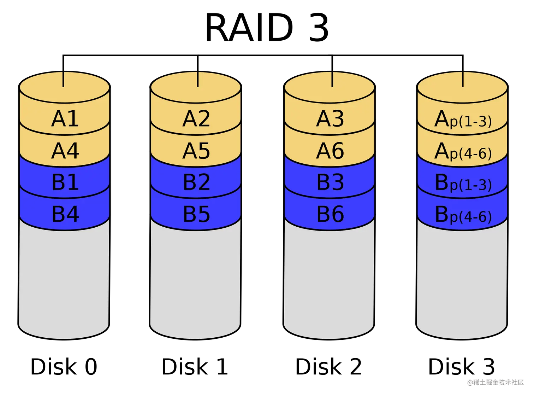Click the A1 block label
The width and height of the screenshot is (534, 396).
click(65, 119)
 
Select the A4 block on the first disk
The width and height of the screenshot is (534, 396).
click(65, 151)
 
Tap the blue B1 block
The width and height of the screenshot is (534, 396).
click(65, 182)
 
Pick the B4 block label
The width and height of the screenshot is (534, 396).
click(65, 214)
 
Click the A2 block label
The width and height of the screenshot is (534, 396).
click(196, 119)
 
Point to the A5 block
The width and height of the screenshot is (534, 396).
click(196, 151)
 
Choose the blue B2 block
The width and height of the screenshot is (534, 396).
click(196, 182)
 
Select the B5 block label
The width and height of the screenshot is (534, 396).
click(196, 214)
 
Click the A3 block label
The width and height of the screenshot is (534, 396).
click(330, 119)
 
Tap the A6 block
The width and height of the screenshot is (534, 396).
click(330, 151)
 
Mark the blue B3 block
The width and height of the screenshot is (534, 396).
click(330, 182)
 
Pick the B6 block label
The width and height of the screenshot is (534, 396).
click(330, 214)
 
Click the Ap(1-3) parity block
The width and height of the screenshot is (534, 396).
click(463, 120)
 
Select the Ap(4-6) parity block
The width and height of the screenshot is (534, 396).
click(463, 151)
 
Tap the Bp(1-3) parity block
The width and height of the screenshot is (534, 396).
click(463, 183)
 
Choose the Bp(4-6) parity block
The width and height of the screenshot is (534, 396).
click(463, 214)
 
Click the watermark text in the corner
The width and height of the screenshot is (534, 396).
click(495, 382)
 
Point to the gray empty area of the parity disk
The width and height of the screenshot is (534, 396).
click(462, 279)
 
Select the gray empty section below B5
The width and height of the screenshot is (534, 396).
click(195, 279)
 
